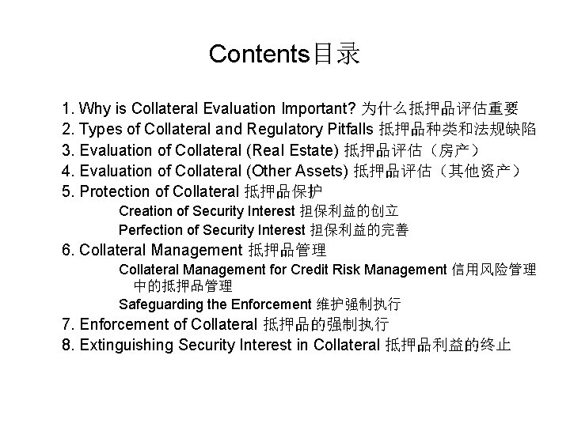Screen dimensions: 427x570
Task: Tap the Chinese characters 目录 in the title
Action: pyautogui.click(x=336, y=54)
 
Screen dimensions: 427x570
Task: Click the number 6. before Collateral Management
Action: pyautogui.click(x=69, y=251)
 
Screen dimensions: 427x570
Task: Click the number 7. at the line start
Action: pyautogui.click(x=69, y=324)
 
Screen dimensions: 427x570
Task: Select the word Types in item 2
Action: pyautogui.click(x=100, y=128)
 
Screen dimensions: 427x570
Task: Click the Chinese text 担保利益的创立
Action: pyautogui.click(x=349, y=211)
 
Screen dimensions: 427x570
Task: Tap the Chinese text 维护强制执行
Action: pyautogui.click(x=358, y=304)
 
